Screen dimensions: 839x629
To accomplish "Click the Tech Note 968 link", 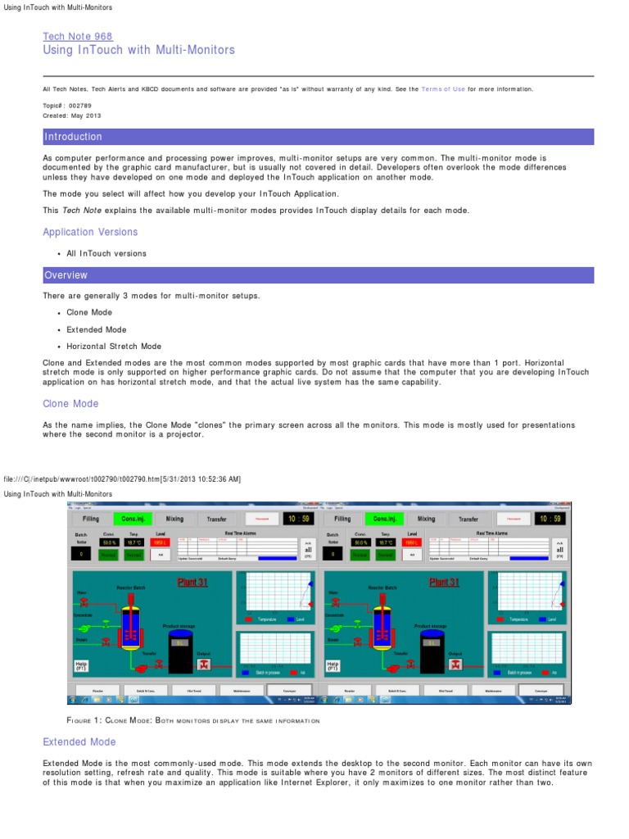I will (78, 36).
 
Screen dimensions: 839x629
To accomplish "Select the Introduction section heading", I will (73, 137).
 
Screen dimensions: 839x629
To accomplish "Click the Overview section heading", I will (66, 275).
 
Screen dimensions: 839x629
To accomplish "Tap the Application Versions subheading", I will (90, 232).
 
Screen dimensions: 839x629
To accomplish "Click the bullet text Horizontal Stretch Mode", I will (114, 347).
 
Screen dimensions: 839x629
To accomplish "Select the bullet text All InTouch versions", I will (106, 253).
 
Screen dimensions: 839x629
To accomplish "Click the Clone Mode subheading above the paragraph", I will (70, 404).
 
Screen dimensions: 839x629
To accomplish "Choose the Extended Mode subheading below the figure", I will (79, 741).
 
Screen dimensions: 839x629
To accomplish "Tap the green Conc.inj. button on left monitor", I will (131, 519).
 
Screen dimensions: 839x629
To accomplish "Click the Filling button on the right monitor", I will (342, 519).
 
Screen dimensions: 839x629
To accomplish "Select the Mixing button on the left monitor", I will (174, 519).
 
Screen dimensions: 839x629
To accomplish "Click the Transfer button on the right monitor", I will (468, 519).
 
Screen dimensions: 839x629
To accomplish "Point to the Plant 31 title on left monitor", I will (193, 583).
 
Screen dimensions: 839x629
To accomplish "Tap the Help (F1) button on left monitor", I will (81, 665).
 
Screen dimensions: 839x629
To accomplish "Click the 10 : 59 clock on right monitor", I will (549, 519).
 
